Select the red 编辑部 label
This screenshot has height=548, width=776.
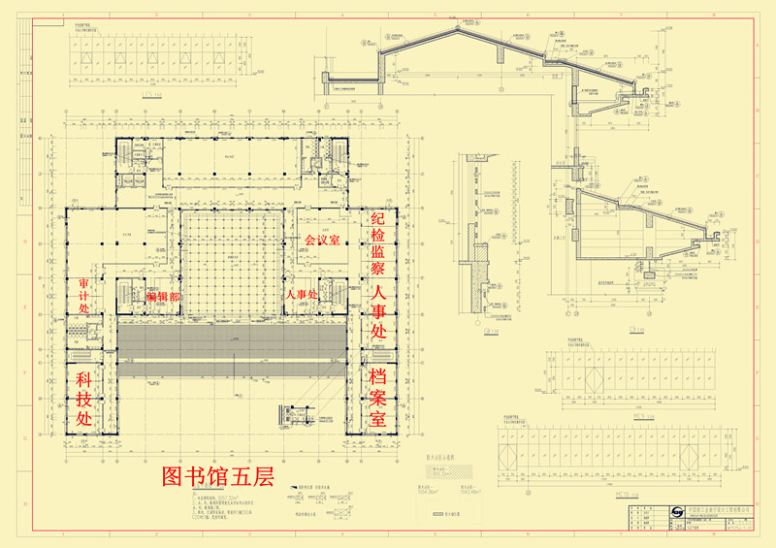[162, 296]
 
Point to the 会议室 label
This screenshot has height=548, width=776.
[322, 240]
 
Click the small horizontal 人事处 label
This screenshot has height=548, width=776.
[301, 294]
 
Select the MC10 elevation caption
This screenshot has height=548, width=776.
[626, 496]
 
